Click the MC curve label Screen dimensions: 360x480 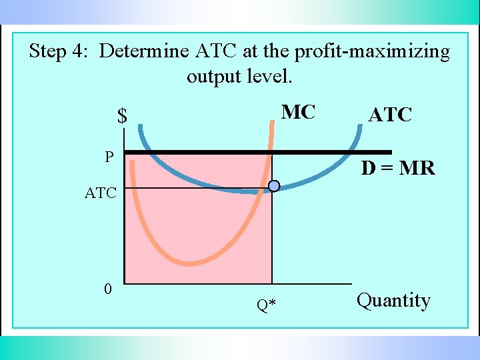298,112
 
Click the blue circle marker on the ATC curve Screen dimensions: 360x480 273,186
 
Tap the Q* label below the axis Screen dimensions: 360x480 266,305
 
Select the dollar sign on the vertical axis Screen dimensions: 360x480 122,116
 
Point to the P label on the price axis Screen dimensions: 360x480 109,157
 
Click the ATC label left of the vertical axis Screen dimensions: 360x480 100,193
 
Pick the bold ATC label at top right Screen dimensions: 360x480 390,115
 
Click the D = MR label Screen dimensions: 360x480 398,169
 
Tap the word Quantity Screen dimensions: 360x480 393,301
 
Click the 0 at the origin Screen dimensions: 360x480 108,289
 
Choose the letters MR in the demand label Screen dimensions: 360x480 417,169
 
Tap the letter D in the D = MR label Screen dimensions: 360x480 368,169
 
